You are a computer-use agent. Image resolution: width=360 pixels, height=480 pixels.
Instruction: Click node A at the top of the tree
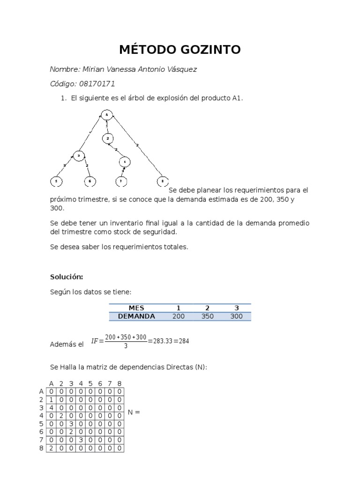107,114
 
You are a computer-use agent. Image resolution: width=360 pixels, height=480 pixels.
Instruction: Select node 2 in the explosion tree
108,139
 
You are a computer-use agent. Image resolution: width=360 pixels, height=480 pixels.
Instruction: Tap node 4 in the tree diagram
125,162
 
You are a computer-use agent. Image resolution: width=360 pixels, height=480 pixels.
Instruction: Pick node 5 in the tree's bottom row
56,181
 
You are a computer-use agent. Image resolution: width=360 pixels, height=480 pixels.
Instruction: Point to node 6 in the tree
90,181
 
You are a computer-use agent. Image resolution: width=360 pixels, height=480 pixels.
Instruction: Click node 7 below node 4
120,181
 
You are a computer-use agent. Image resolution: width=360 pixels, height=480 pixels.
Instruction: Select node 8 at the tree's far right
162,181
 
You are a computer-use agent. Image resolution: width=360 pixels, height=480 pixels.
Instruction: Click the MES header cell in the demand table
136,308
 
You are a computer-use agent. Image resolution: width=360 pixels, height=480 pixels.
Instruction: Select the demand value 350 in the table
207,316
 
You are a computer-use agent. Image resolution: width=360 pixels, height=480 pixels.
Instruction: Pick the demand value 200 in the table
178,316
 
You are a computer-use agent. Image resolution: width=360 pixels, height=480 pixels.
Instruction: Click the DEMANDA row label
136,316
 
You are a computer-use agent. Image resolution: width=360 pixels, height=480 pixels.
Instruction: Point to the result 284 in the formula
183,341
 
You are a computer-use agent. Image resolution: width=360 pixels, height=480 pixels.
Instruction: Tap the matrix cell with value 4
51,408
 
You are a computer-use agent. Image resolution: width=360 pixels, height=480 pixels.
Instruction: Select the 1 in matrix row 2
51,400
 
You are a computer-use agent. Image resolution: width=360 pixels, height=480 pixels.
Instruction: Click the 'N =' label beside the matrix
134,412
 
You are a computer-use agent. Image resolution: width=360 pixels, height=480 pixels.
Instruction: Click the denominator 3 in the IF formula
126,346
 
